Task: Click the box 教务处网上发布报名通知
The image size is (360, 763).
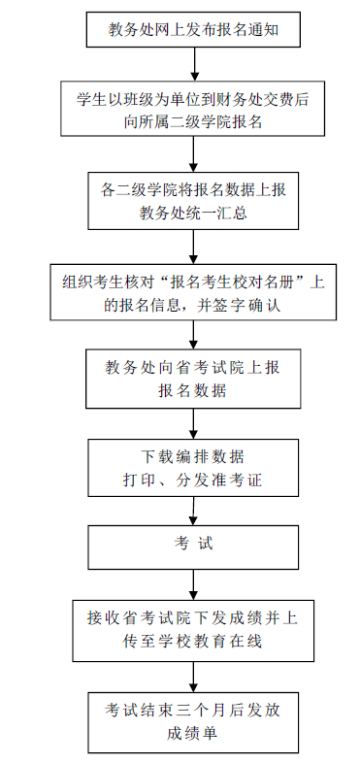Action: (193, 30)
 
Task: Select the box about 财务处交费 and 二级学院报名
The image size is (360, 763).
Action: (193, 109)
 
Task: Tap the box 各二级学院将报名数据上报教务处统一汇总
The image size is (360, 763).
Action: (193, 201)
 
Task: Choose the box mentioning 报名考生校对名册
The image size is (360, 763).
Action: (193, 292)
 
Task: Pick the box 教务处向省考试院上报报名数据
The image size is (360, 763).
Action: (193, 379)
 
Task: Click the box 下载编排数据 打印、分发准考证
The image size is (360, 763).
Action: (193, 468)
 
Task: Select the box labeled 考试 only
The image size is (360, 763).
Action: (193, 547)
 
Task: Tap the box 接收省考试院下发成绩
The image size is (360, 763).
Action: (193, 631)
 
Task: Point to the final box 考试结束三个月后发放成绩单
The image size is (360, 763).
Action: (193, 722)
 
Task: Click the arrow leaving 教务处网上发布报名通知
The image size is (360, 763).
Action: (194, 64)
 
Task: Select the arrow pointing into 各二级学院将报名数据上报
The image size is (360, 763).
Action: (194, 153)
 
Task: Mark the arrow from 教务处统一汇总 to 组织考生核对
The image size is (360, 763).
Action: (194, 247)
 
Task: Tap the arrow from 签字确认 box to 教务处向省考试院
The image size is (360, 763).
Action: (194, 334)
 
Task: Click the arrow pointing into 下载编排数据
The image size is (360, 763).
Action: (194, 424)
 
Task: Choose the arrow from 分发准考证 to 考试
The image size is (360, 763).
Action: (194, 511)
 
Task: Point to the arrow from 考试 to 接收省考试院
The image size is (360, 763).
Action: (194, 584)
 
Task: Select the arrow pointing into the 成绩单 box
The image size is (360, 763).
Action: (194, 677)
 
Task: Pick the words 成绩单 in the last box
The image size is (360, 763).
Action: (193, 733)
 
